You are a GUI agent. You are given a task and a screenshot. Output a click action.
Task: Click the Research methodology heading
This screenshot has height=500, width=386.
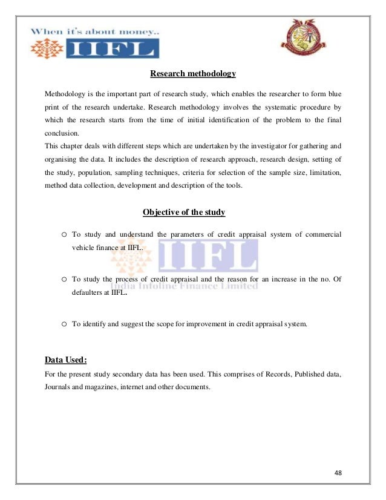tap(192, 74)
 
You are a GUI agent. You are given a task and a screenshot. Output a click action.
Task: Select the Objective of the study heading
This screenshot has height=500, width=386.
tap(184, 212)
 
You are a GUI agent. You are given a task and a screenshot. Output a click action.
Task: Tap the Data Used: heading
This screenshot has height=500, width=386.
tap(66, 360)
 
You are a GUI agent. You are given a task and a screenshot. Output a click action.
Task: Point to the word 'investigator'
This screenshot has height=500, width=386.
tap(264, 145)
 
